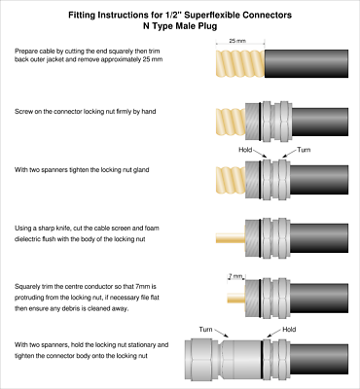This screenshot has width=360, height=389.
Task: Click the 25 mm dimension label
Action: click(236, 42)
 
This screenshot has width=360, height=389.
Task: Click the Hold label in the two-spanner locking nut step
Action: click(246, 151)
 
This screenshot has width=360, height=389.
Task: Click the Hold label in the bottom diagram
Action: click(288, 330)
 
